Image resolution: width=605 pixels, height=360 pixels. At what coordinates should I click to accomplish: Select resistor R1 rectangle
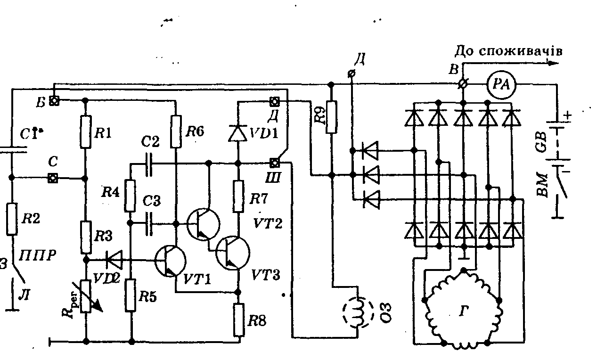(85, 132)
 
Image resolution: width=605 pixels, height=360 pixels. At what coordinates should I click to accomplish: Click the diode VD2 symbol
(113, 259)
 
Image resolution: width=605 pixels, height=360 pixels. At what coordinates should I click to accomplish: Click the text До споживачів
(508, 51)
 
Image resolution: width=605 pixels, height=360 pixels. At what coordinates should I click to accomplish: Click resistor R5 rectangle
(131, 295)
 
